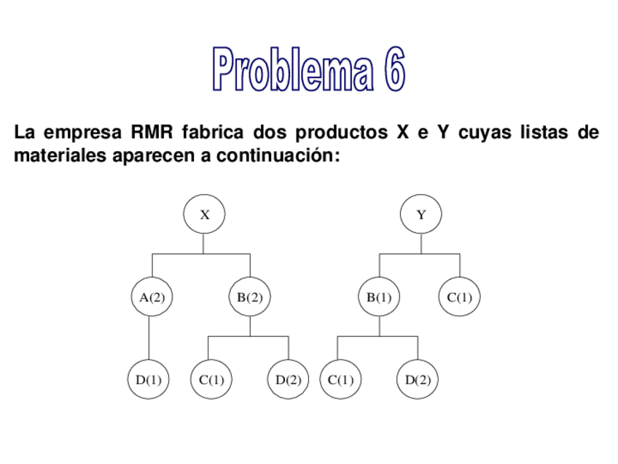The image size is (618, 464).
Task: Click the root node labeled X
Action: (205, 214)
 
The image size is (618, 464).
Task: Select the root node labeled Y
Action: (421, 214)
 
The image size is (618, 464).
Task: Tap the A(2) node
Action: (152, 298)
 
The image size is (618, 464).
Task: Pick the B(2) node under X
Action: (249, 298)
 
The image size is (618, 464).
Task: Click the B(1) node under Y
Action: (379, 298)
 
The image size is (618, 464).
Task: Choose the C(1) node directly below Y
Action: (459, 298)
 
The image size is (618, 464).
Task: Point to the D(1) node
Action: (149, 380)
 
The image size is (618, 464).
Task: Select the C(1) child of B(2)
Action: (211, 380)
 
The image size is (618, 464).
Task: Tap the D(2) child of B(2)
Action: (289, 380)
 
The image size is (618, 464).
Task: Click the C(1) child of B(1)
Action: (340, 380)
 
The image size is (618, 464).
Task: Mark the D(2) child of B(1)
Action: (418, 380)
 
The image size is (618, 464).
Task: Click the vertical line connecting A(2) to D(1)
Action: (149, 338)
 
